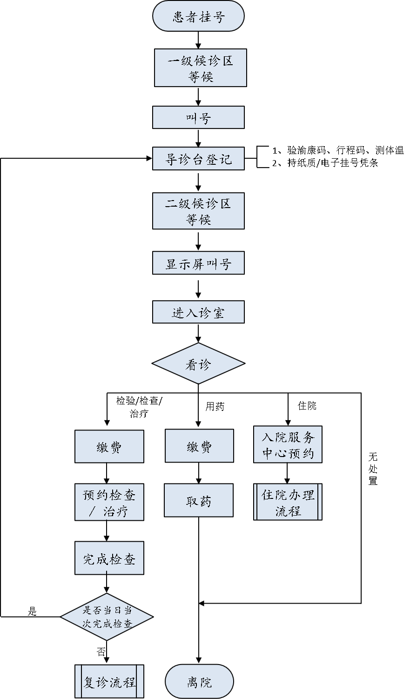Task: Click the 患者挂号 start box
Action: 198,17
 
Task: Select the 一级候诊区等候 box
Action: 200,68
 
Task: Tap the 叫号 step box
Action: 198,118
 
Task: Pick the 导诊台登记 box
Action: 198,159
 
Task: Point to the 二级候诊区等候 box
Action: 198,211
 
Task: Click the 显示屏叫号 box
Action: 198,263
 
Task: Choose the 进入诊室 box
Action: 198,312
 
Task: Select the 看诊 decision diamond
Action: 198,364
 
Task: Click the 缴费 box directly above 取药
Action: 199,446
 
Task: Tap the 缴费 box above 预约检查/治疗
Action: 109,446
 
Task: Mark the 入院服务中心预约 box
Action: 288,445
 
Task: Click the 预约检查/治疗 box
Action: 109,503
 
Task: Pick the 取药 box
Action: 199,501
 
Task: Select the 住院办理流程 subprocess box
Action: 288,502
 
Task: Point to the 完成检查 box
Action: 109,558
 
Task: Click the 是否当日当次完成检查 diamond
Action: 107,617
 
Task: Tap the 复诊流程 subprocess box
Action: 109,682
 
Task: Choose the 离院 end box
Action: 199,682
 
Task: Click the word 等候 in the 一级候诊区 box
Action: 201,77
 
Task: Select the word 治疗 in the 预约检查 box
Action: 116,512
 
